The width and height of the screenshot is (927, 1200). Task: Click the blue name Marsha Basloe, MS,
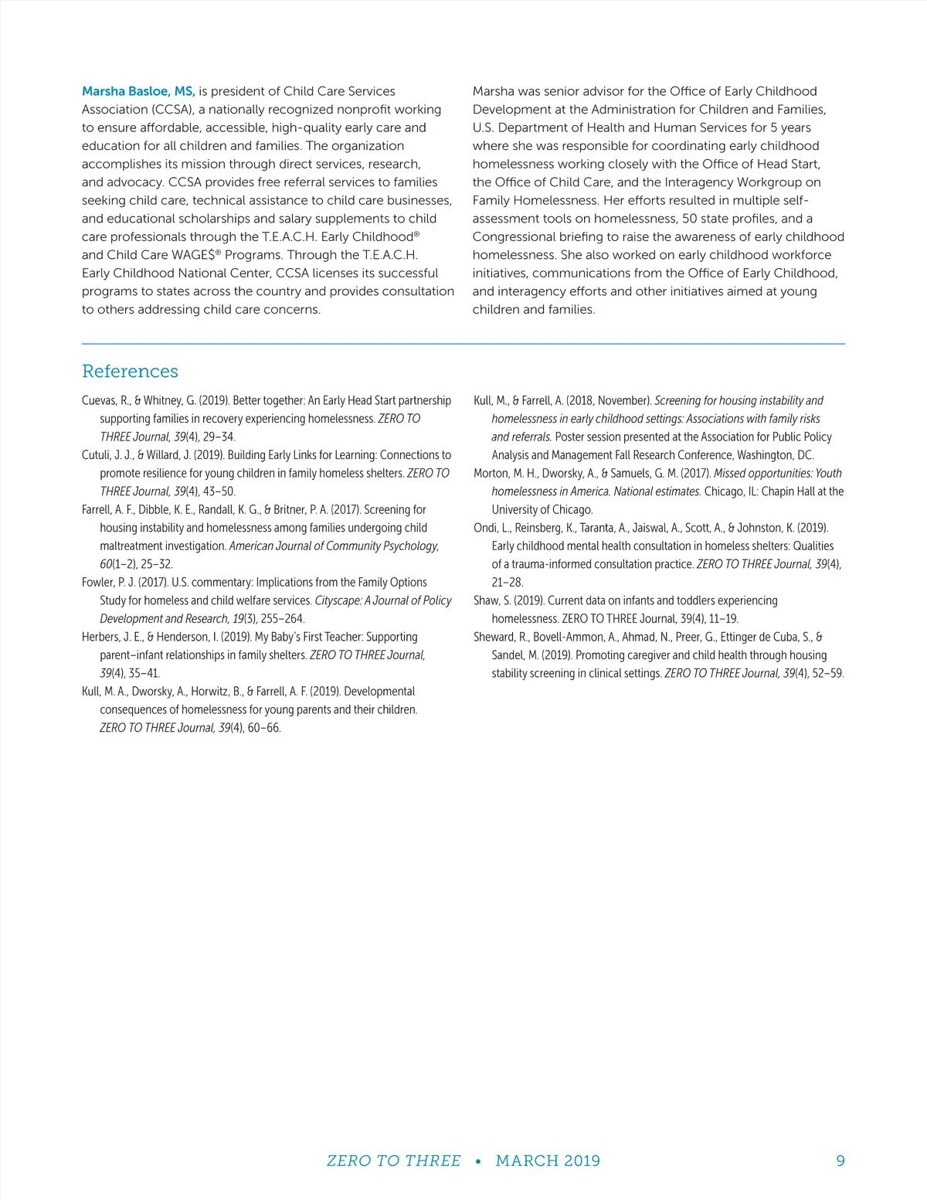pyautogui.click(x=138, y=91)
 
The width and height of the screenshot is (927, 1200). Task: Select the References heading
pyautogui.click(x=130, y=372)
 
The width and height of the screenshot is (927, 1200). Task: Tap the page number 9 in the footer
pyautogui.click(x=840, y=1161)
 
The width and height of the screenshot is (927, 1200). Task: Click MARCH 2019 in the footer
pyautogui.click(x=548, y=1161)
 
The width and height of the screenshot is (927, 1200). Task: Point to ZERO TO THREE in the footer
pyautogui.click(x=393, y=1161)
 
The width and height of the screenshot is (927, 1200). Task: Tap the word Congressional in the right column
pyautogui.click(x=513, y=237)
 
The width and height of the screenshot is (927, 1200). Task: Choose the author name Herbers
pyautogui.click(x=101, y=637)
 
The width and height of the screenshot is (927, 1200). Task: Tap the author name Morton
pyautogui.click(x=491, y=474)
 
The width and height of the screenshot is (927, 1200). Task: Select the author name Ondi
pyautogui.click(x=486, y=529)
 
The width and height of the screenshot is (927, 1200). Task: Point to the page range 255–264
pyautogui.click(x=283, y=619)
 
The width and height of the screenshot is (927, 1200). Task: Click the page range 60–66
pyautogui.click(x=264, y=728)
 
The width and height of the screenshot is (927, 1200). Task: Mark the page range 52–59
pyautogui.click(x=828, y=674)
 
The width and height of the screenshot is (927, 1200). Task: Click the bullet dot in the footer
pyautogui.click(x=478, y=1161)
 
